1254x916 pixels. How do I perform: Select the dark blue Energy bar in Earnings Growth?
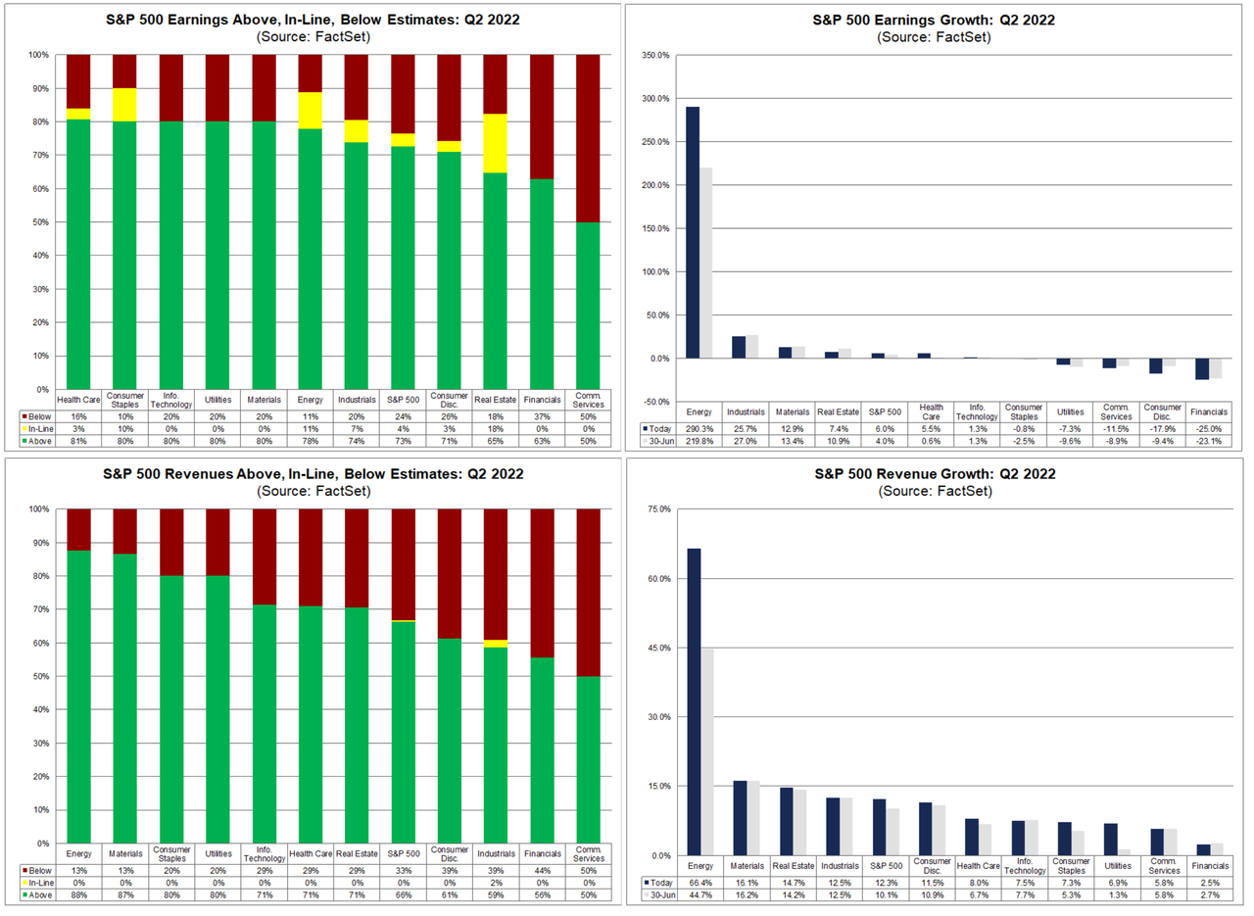693,232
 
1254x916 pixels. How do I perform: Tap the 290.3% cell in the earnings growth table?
705,428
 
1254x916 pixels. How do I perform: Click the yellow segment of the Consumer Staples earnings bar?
124,105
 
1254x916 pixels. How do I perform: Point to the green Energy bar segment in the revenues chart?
78,696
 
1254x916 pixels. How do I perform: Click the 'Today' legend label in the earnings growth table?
659,428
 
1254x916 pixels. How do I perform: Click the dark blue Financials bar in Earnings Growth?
1201,368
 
